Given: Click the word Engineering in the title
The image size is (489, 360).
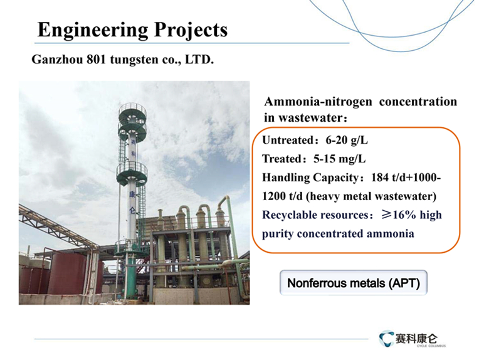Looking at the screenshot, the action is click(x=93, y=30).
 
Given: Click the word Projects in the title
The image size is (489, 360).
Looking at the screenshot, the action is click(x=191, y=30).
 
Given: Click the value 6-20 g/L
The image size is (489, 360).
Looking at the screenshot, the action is click(x=347, y=140).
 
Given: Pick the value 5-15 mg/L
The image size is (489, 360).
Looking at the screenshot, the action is click(x=340, y=159).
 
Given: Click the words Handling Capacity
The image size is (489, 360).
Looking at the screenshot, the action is click(x=310, y=178).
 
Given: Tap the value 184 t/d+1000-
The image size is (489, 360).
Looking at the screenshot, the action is click(x=406, y=177).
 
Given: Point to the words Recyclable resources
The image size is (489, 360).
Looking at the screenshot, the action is click(x=315, y=215).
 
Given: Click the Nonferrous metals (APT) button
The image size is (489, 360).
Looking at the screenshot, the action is click(x=354, y=283).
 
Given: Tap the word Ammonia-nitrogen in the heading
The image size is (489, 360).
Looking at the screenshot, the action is click(x=318, y=102).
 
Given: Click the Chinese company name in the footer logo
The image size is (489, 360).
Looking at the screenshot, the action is click(x=416, y=338).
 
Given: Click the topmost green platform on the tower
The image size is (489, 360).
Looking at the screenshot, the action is click(x=132, y=110).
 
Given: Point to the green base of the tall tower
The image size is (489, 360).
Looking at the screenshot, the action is click(x=130, y=275).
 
